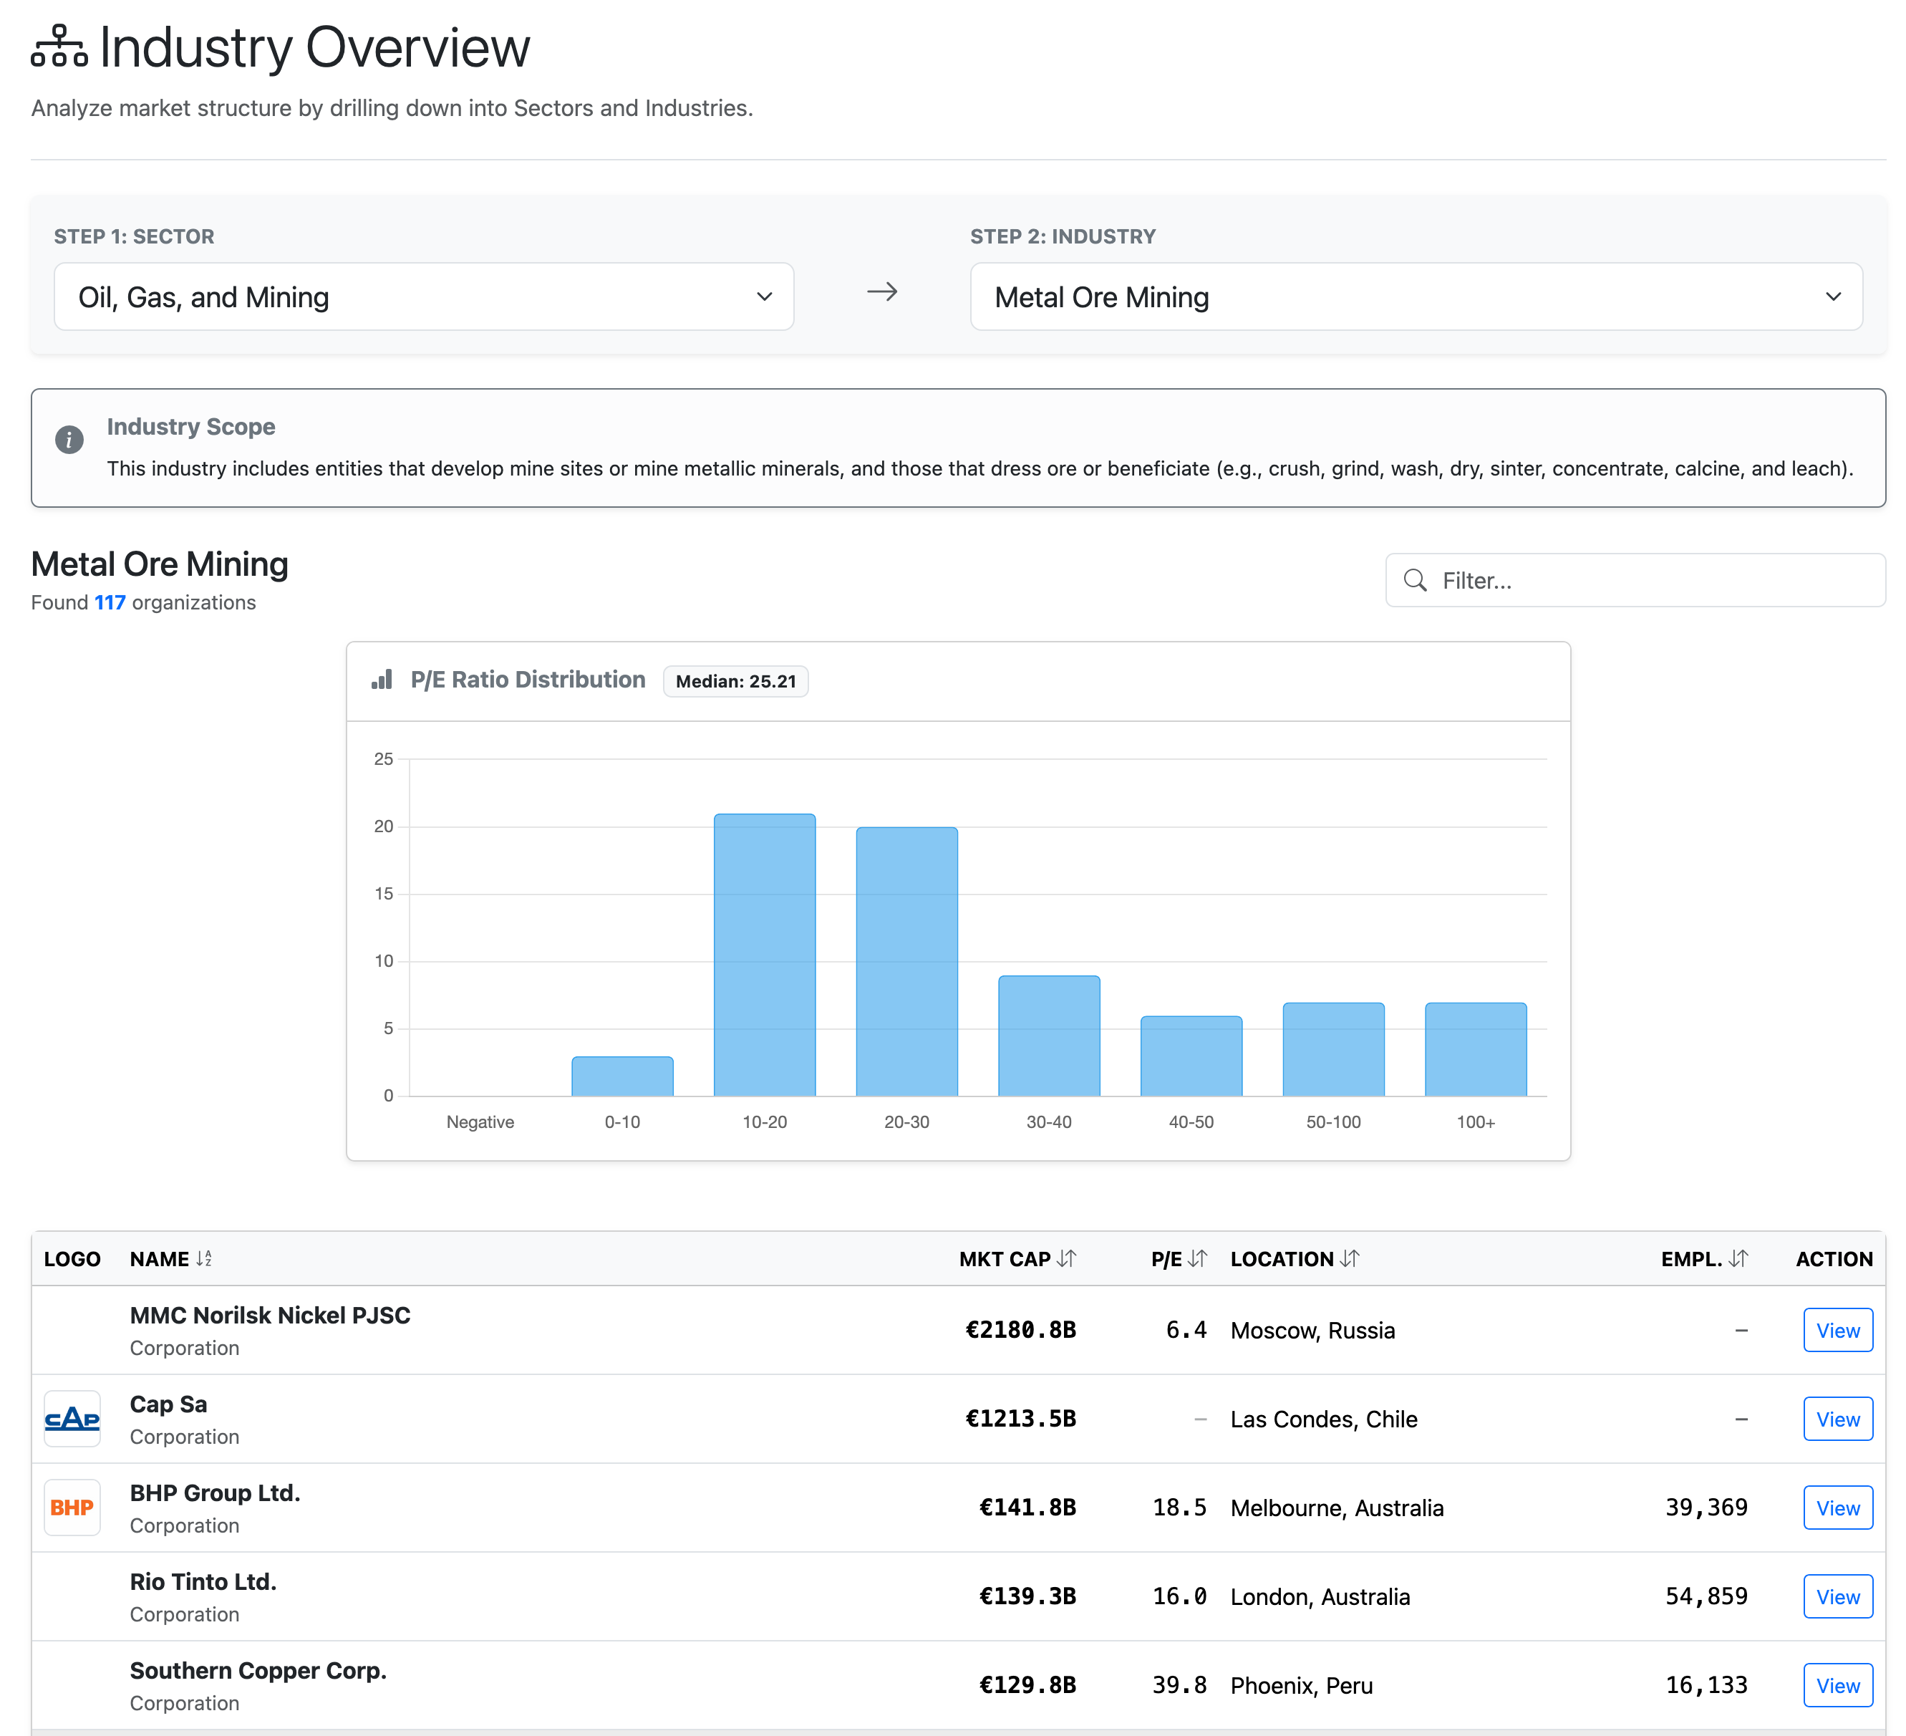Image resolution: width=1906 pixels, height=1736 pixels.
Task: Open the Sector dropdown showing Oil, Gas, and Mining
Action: [x=424, y=297]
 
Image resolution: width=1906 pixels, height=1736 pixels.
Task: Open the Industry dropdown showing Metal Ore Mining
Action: [x=1416, y=297]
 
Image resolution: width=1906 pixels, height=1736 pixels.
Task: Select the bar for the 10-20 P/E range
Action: [x=764, y=955]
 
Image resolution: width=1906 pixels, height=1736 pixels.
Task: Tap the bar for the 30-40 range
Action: [x=1048, y=1036]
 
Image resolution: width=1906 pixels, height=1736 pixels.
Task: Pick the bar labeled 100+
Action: [x=1475, y=1049]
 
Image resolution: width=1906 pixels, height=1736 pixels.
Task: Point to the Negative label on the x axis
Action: [x=480, y=1122]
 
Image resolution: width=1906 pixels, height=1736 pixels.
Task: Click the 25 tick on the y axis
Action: [x=383, y=759]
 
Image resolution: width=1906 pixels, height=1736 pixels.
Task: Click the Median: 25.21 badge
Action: [x=735, y=682]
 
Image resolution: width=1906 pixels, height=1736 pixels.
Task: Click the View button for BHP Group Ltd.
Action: [x=1837, y=1508]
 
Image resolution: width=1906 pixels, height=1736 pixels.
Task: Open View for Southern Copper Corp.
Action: [x=1837, y=1686]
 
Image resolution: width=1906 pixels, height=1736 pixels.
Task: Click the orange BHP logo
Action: [x=72, y=1508]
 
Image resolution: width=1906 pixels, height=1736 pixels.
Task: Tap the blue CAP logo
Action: [x=72, y=1419]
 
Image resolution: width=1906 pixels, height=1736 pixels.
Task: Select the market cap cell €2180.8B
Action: [x=1020, y=1331]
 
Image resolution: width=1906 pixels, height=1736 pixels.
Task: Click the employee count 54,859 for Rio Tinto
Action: [x=1706, y=1597]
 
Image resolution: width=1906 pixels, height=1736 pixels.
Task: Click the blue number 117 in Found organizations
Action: [x=110, y=603]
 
